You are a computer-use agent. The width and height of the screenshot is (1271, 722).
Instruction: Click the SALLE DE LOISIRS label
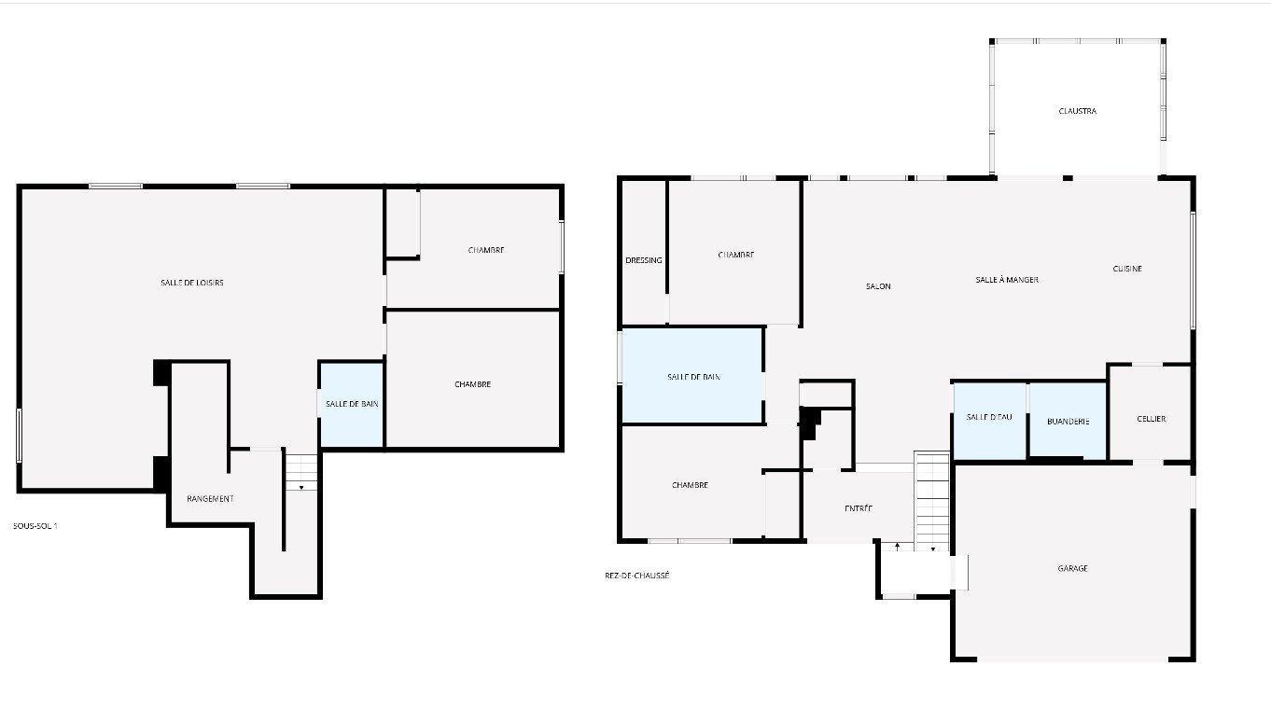(192, 283)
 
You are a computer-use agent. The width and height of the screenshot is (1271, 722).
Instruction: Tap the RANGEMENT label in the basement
(210, 498)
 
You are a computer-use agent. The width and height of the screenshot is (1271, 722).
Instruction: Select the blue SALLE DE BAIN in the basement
(352, 405)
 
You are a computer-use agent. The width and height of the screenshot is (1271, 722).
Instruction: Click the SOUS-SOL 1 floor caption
(35, 526)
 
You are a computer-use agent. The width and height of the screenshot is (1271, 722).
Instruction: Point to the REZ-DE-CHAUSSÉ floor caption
(637, 576)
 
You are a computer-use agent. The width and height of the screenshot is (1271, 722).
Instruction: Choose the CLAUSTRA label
(1078, 111)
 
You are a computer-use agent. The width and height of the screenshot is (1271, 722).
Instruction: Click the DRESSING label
(644, 260)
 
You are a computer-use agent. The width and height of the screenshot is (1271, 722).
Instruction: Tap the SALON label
(878, 286)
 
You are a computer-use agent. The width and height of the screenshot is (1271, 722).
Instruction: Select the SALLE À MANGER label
(1007, 280)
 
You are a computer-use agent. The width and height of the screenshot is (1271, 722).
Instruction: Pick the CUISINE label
(1127, 269)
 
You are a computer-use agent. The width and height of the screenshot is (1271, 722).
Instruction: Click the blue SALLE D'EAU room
(989, 421)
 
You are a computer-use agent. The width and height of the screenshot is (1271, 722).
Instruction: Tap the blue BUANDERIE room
(1068, 420)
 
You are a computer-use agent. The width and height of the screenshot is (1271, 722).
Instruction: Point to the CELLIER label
(1152, 419)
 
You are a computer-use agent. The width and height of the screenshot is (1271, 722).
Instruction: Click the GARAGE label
(1072, 568)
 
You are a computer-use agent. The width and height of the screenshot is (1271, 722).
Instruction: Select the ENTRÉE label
(859, 508)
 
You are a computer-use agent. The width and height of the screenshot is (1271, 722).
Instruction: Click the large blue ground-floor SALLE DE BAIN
(692, 376)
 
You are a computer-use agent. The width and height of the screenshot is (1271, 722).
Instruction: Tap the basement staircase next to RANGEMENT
(301, 472)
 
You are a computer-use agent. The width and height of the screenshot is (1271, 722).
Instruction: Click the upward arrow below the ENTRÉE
(897, 547)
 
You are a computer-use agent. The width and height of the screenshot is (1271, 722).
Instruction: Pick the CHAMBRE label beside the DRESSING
(736, 255)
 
